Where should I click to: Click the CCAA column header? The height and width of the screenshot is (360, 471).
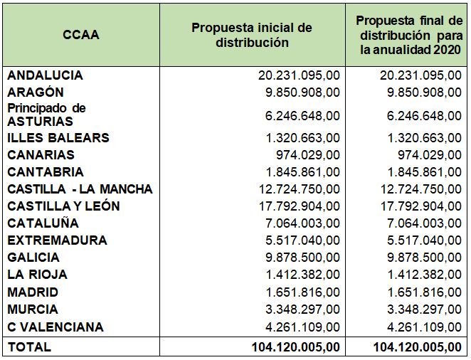pos(81,35)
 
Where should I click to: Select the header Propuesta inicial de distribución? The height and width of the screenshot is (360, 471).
pos(252,35)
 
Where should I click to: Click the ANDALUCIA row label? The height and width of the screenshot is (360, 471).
pos(45,75)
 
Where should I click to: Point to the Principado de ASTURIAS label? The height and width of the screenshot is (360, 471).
pos(46,115)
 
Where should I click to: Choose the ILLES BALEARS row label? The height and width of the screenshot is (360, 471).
pos(58,138)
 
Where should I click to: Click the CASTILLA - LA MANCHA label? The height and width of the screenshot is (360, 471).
pos(80,189)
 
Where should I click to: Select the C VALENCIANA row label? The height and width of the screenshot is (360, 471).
pos(55,327)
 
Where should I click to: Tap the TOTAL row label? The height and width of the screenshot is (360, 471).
pos(29,347)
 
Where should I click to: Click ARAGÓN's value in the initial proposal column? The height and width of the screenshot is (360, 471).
pos(302,92)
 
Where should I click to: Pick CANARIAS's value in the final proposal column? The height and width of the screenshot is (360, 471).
pos(430,155)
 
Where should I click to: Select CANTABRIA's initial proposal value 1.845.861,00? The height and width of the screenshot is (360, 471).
pos(303,172)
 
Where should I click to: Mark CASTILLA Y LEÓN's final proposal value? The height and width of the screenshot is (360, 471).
pos(421,206)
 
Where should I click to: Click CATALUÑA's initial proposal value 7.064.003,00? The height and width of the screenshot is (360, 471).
pos(302,223)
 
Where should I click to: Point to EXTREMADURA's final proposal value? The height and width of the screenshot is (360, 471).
pos(424,240)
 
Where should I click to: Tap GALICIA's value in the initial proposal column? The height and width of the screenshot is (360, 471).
pos(302,258)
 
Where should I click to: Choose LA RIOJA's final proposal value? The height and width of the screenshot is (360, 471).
pos(425,275)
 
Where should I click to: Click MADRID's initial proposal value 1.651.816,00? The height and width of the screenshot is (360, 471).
pos(303,292)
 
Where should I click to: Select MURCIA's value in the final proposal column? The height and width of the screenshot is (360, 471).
pos(424,309)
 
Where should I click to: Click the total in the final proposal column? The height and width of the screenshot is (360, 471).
pos(417,347)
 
